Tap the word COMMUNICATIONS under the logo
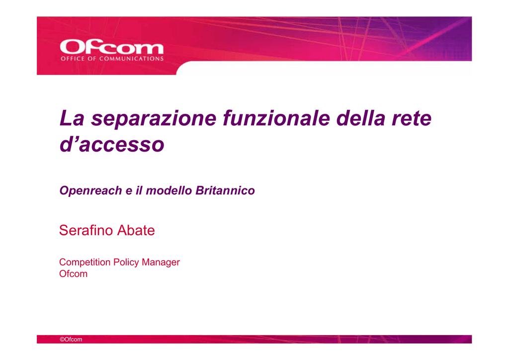131,59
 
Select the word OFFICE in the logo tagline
73,59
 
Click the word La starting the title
72,118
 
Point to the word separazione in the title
154,119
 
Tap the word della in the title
361,118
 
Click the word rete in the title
412,119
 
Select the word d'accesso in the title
112,144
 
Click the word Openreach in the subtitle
90,191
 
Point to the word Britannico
225,190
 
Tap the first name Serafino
86,230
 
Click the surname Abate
136,230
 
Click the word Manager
161,262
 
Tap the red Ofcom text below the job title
74,274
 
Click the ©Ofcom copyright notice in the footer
71,340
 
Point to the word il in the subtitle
139,190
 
